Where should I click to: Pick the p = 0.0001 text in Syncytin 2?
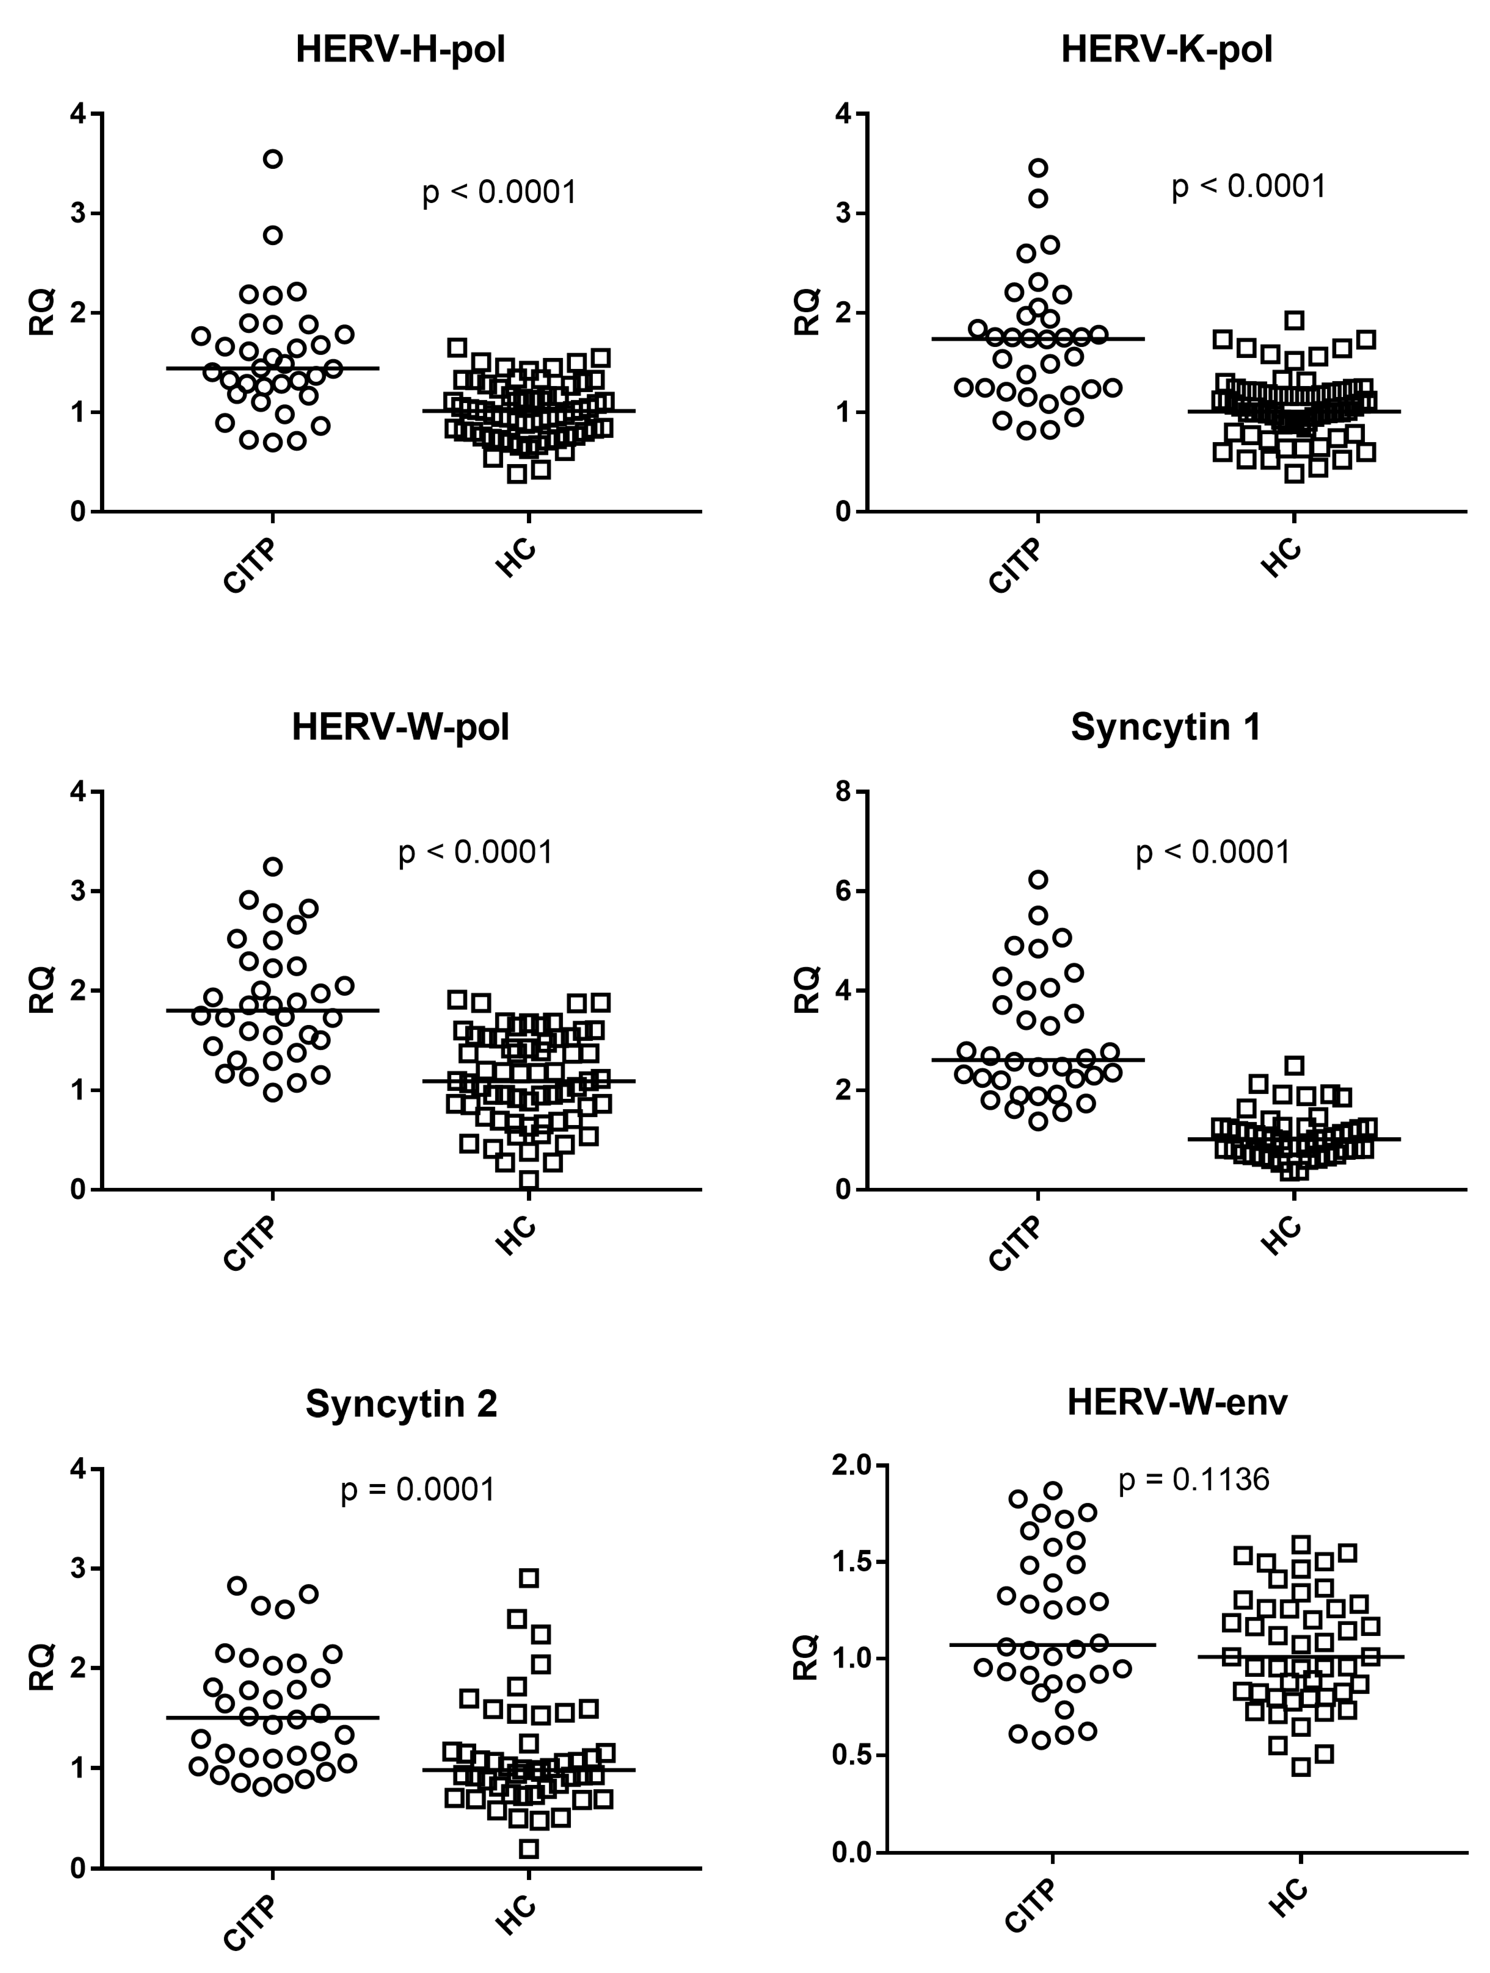[x=418, y=1489]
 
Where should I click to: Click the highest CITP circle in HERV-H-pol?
[x=273, y=159]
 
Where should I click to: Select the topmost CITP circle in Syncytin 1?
[x=1038, y=880]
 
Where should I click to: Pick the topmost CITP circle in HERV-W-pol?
[x=273, y=866]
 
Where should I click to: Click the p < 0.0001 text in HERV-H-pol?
[x=499, y=193]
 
